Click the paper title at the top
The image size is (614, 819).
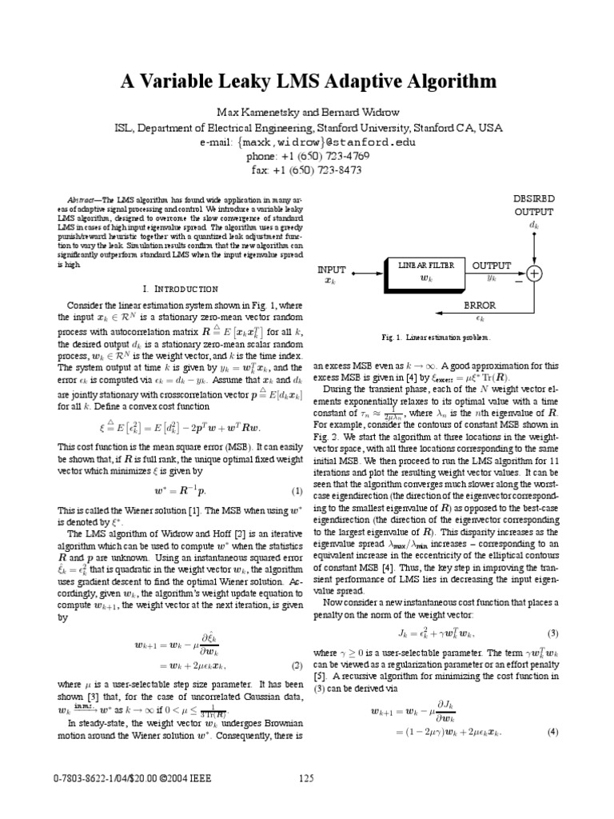[308, 82]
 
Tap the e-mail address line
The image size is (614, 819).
[308, 142]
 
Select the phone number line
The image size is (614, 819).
[308, 156]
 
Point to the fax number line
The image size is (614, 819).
[308, 170]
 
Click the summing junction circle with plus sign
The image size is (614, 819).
[533, 273]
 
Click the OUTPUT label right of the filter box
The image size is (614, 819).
[491, 265]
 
